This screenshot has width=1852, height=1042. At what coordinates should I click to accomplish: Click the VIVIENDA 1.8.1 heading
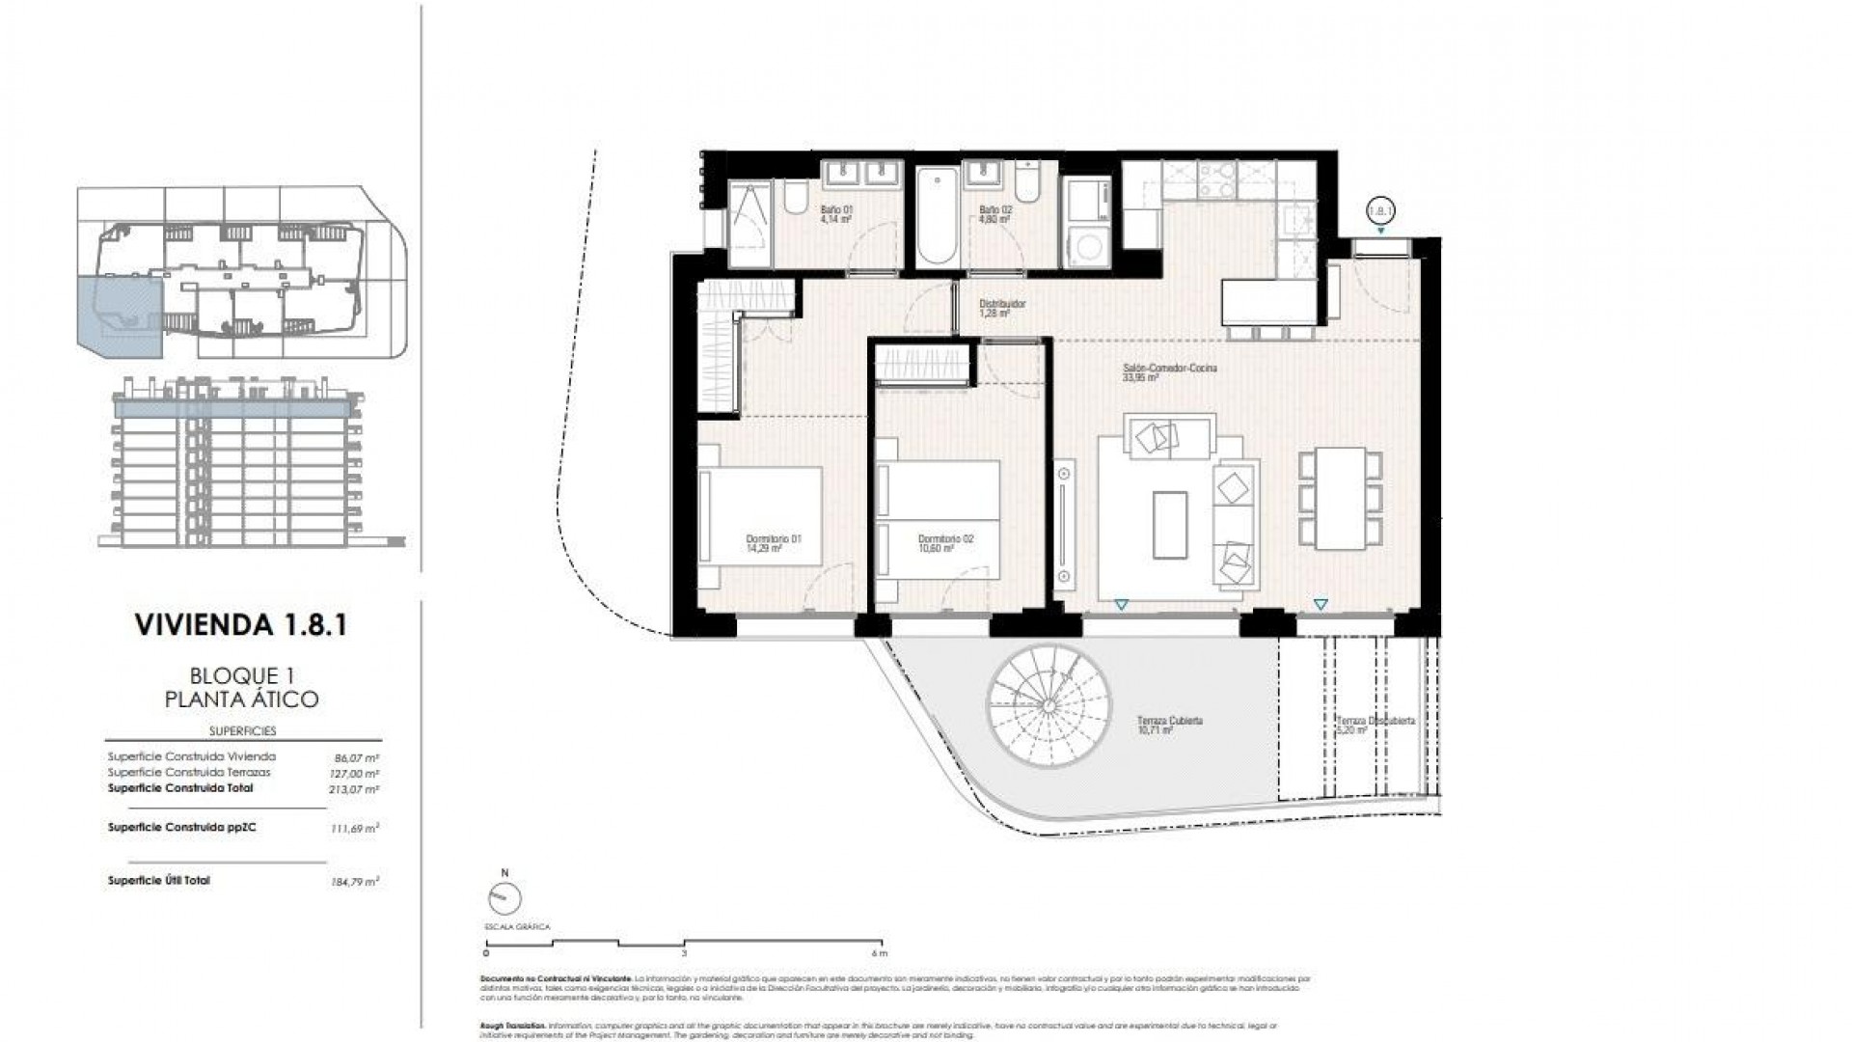(x=242, y=625)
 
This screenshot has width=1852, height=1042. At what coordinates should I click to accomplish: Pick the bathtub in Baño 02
(x=937, y=219)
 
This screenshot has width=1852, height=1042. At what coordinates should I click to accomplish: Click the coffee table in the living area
(x=1171, y=523)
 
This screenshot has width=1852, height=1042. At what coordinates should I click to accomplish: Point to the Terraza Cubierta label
(x=1169, y=726)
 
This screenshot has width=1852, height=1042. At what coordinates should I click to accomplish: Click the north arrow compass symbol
(x=504, y=898)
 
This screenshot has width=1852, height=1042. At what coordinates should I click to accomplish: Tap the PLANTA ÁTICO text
(x=242, y=699)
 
